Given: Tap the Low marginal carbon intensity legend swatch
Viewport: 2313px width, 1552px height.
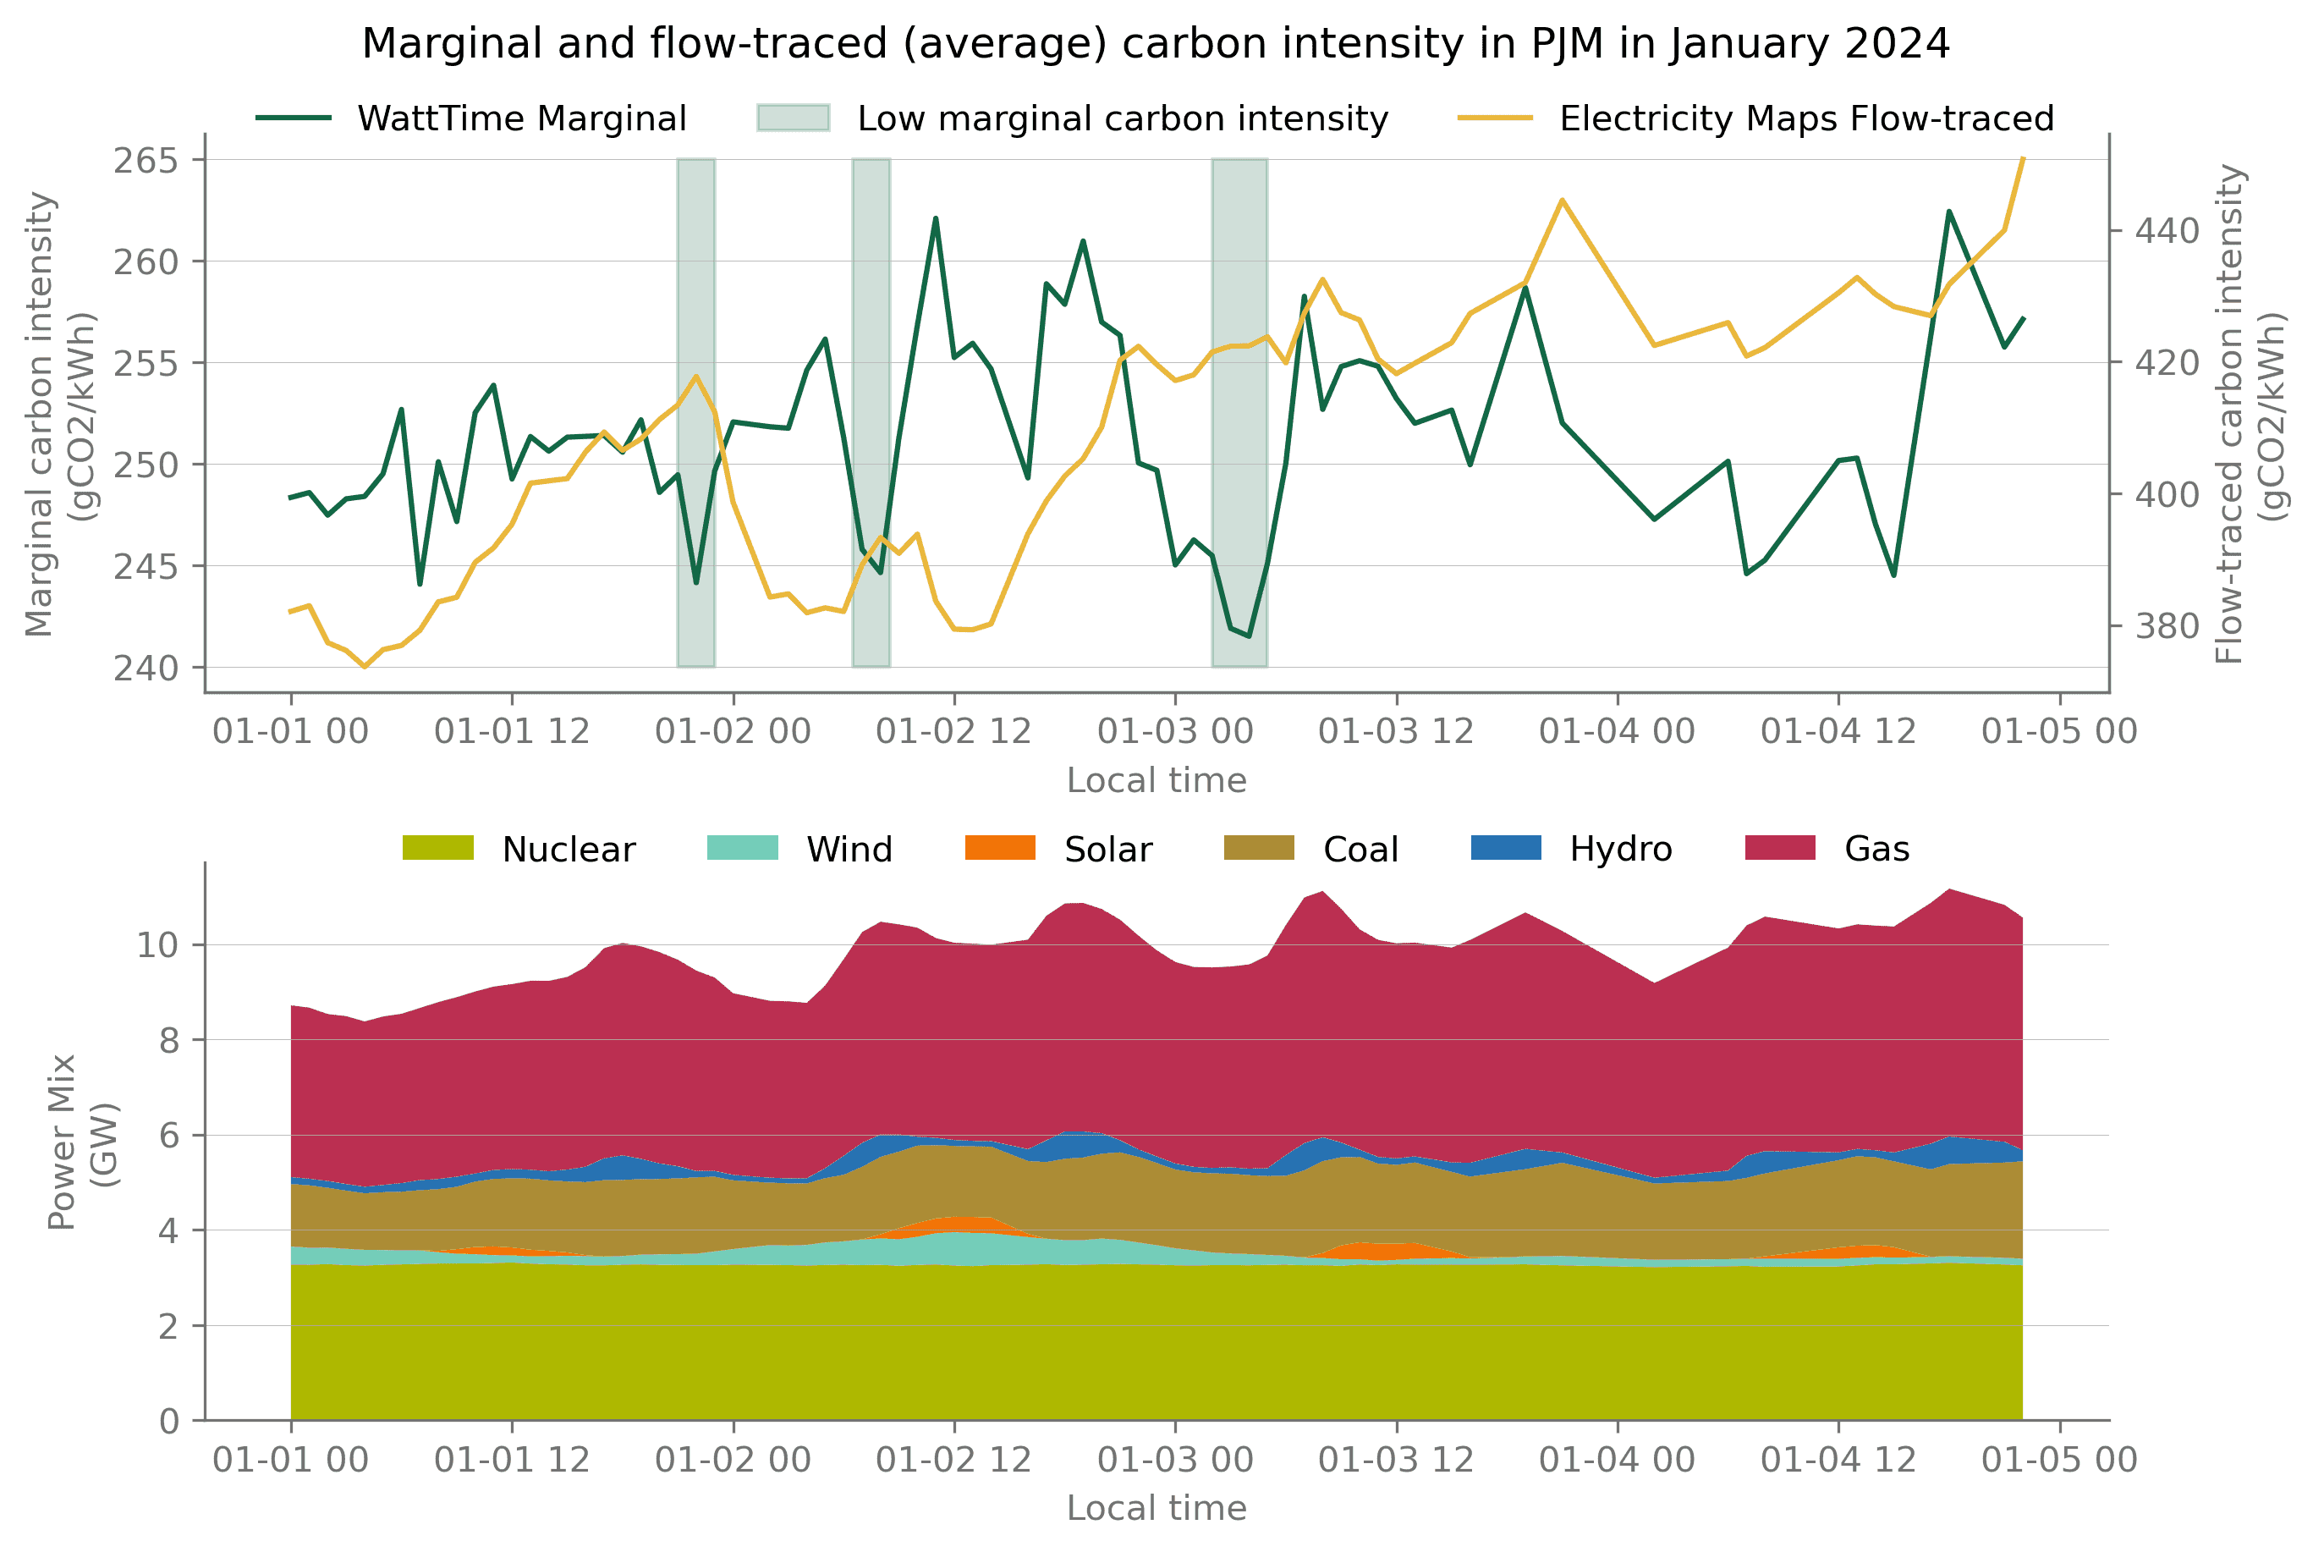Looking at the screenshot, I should coord(793,118).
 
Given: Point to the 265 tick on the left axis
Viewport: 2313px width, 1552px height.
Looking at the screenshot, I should coord(145,160).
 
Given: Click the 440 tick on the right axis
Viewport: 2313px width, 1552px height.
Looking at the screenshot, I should coord(2167,232).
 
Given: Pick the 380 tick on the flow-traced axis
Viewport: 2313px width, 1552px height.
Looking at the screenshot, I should coord(2167,626).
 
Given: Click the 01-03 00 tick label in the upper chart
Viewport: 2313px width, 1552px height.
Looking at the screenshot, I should coord(1174,731).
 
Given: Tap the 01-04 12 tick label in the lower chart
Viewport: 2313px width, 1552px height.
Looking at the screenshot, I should coord(1838,1460).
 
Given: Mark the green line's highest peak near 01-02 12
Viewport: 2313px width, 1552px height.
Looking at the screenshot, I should coord(935,218).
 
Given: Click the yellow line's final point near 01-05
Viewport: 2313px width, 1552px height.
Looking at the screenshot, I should coord(2023,158).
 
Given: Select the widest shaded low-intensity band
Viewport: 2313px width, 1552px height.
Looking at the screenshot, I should coord(1239,412).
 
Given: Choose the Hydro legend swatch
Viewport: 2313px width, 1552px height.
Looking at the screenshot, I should coord(1505,848).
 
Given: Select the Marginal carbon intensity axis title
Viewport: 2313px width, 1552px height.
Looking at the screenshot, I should coord(59,414).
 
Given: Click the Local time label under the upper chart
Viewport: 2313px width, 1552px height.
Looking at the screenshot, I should coord(1156,781).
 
